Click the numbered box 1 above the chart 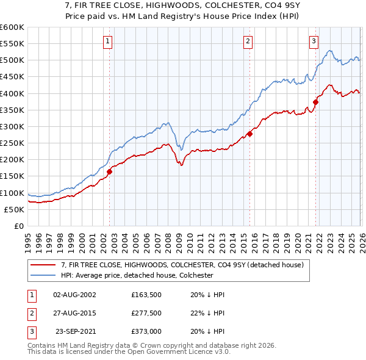click(x=107, y=41)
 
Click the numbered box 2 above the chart click(x=248, y=41)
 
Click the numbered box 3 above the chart click(x=314, y=41)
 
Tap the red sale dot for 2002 click(x=109, y=172)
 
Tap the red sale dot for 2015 click(x=249, y=134)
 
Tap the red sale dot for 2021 click(x=315, y=103)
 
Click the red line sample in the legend click(x=44, y=264)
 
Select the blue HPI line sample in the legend click(x=44, y=275)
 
